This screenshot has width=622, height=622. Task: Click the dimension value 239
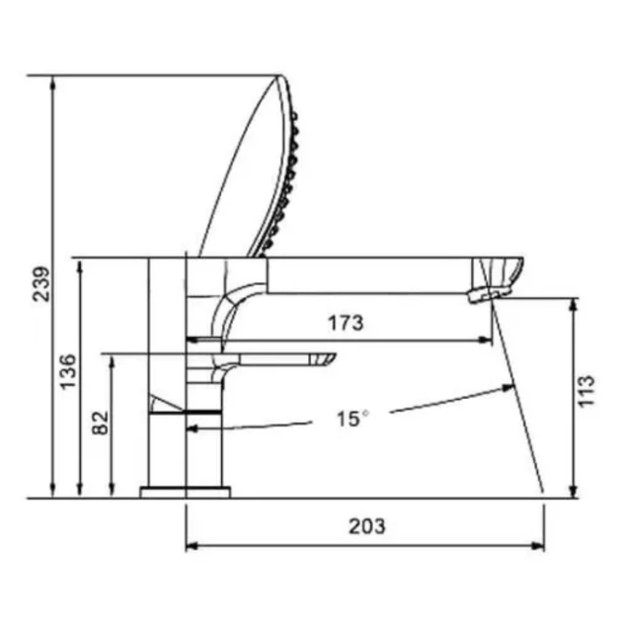[41, 284]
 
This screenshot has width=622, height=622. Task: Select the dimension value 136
[67, 371]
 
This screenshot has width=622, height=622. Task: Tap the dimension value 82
[100, 423]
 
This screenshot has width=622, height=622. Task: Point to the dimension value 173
[346, 323]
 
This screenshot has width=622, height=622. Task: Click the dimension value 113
[586, 391]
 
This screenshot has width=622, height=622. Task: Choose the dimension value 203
[367, 526]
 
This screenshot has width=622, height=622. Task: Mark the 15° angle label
[352, 419]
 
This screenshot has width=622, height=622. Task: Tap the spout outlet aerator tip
[489, 295]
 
